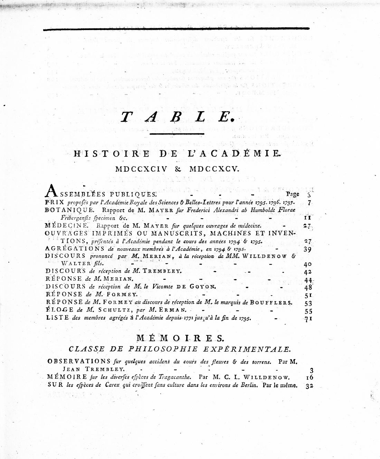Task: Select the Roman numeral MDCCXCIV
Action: click(141, 169)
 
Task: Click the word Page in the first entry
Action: click(293, 194)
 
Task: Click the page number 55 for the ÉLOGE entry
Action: click(308, 311)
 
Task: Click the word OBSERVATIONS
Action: click(78, 361)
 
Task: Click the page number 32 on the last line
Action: click(309, 386)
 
